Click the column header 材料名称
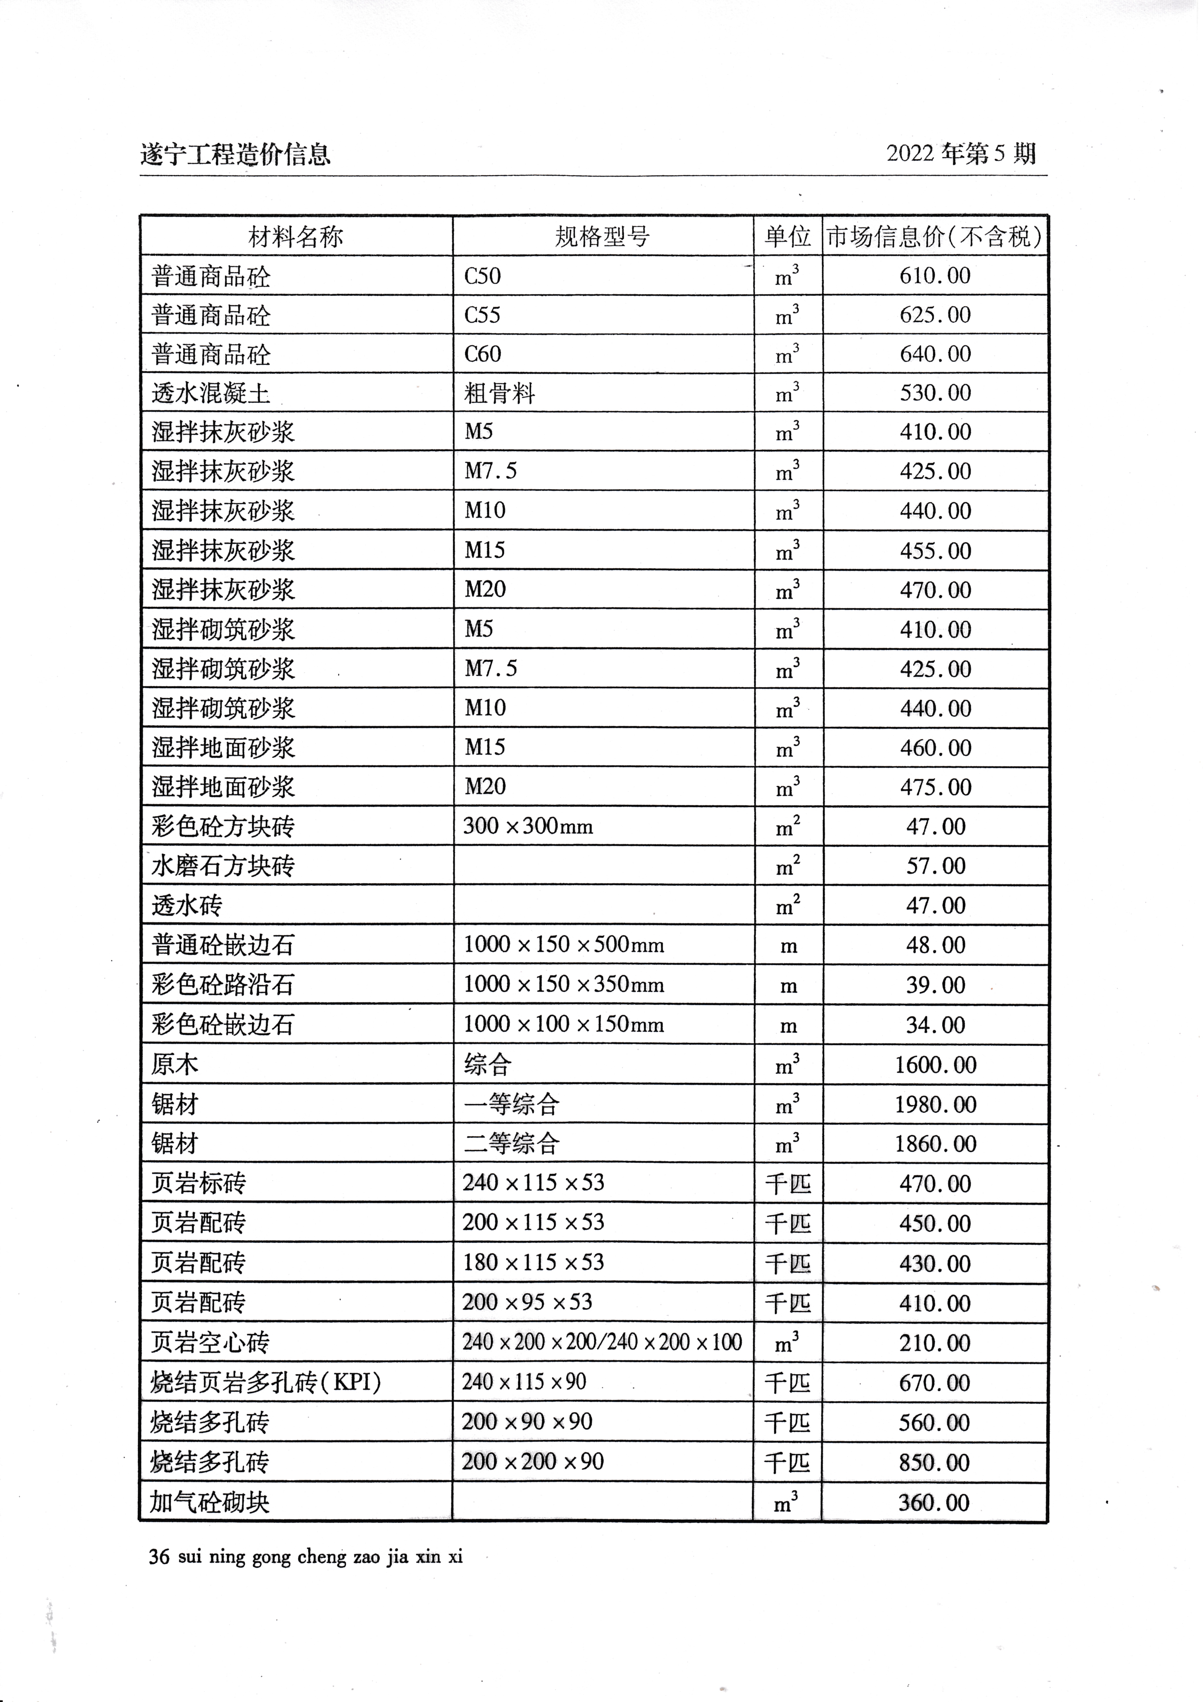point(296,237)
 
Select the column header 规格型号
point(602,237)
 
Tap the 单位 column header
point(788,237)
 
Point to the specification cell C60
point(483,354)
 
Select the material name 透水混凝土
point(211,393)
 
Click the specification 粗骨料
point(500,393)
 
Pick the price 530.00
point(935,393)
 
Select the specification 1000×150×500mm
point(563,945)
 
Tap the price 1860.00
point(935,1144)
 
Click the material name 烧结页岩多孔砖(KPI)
point(265,1382)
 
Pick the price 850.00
point(935,1462)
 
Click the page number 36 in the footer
point(159,1557)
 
